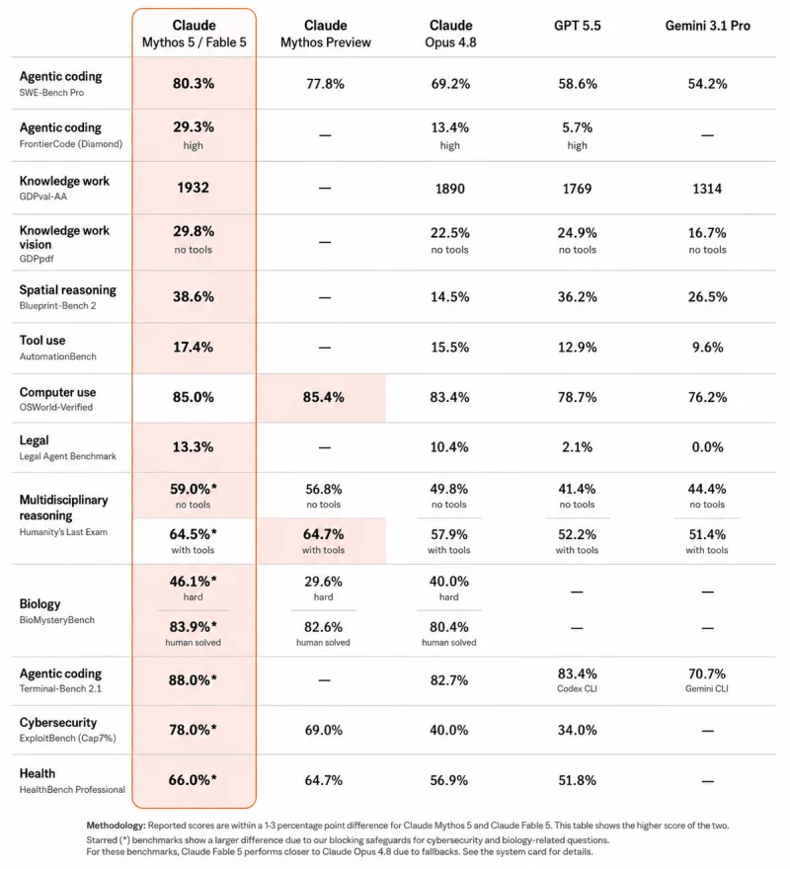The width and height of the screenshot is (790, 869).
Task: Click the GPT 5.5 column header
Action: tap(577, 26)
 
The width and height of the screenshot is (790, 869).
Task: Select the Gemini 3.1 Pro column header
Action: tap(707, 26)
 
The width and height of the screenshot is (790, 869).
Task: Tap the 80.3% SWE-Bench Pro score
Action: tap(193, 83)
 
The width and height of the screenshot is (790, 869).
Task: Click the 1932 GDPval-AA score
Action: tap(193, 188)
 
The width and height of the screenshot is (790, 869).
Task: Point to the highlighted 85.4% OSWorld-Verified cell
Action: tap(323, 397)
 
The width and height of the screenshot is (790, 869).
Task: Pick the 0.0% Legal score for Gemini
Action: tap(707, 446)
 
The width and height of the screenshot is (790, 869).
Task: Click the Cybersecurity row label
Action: tap(58, 723)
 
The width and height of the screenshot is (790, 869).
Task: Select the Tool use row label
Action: tap(42, 341)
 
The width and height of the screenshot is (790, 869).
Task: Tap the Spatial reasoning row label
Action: tap(67, 290)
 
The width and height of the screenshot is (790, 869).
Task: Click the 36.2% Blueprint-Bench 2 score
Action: tap(577, 296)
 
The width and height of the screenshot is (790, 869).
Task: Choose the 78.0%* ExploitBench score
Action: tap(193, 730)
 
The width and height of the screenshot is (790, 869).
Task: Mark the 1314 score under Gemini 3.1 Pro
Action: tap(707, 189)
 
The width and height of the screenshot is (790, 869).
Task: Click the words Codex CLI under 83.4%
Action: tap(577, 688)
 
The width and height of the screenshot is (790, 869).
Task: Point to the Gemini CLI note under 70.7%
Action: tap(707, 688)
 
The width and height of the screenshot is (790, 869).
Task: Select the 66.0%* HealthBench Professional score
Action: tap(193, 780)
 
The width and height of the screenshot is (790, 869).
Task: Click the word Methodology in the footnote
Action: tap(116, 826)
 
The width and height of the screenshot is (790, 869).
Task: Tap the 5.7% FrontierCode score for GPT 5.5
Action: tap(577, 127)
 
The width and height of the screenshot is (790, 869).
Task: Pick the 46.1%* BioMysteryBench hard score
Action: tap(193, 581)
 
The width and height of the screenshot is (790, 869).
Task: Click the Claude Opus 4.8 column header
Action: tap(450, 34)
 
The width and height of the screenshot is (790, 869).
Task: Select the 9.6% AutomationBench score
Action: tap(707, 347)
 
